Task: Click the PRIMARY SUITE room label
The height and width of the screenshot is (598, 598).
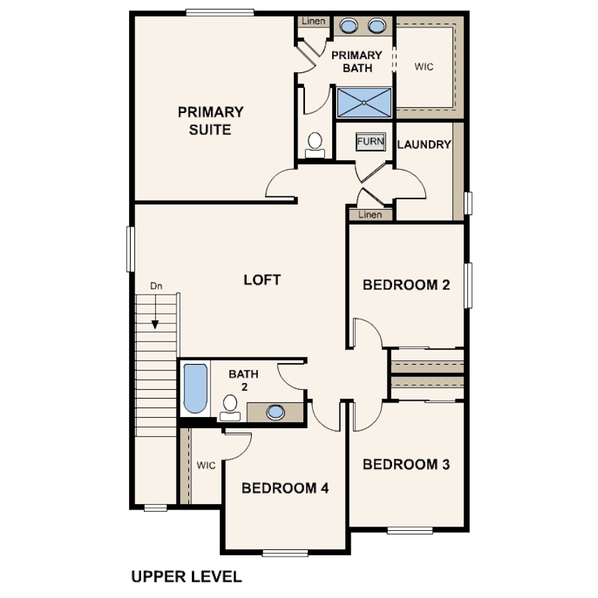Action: click(210, 121)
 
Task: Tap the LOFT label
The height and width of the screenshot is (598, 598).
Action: click(262, 280)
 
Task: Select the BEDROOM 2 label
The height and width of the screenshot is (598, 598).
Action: click(406, 285)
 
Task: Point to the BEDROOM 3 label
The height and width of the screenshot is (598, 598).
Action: click(406, 464)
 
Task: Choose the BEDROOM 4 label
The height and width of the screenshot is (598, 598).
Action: click(285, 488)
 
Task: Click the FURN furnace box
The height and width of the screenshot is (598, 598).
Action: click(371, 142)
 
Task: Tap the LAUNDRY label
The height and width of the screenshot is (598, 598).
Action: click(424, 145)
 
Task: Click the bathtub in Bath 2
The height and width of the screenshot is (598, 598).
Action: click(195, 388)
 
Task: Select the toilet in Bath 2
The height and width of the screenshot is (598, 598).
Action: click(230, 408)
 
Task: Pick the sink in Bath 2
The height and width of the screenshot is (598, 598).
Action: click(275, 412)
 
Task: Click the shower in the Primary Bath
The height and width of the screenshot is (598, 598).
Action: click(364, 103)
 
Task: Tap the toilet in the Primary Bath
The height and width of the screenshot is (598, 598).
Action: click(315, 145)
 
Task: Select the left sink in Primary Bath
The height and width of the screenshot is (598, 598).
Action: click(348, 26)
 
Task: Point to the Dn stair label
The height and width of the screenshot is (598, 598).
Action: click(156, 286)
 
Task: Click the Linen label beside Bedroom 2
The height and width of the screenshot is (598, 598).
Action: click(370, 215)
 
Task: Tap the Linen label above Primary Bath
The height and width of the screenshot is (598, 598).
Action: click(314, 21)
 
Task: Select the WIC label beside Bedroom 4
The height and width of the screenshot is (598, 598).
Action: click(206, 465)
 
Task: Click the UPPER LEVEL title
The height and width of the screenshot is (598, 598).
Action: click(187, 577)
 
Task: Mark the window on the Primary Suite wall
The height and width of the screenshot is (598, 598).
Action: click(220, 13)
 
